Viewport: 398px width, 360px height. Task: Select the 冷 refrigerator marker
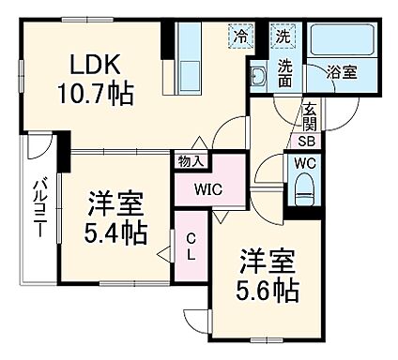click(242, 38)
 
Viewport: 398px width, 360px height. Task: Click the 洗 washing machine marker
click(283, 38)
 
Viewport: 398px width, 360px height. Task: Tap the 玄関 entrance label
click(309, 119)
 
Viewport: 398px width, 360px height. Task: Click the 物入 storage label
click(191, 161)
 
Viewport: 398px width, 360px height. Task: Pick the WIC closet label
click(208, 188)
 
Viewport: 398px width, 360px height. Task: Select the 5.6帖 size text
click(268, 289)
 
